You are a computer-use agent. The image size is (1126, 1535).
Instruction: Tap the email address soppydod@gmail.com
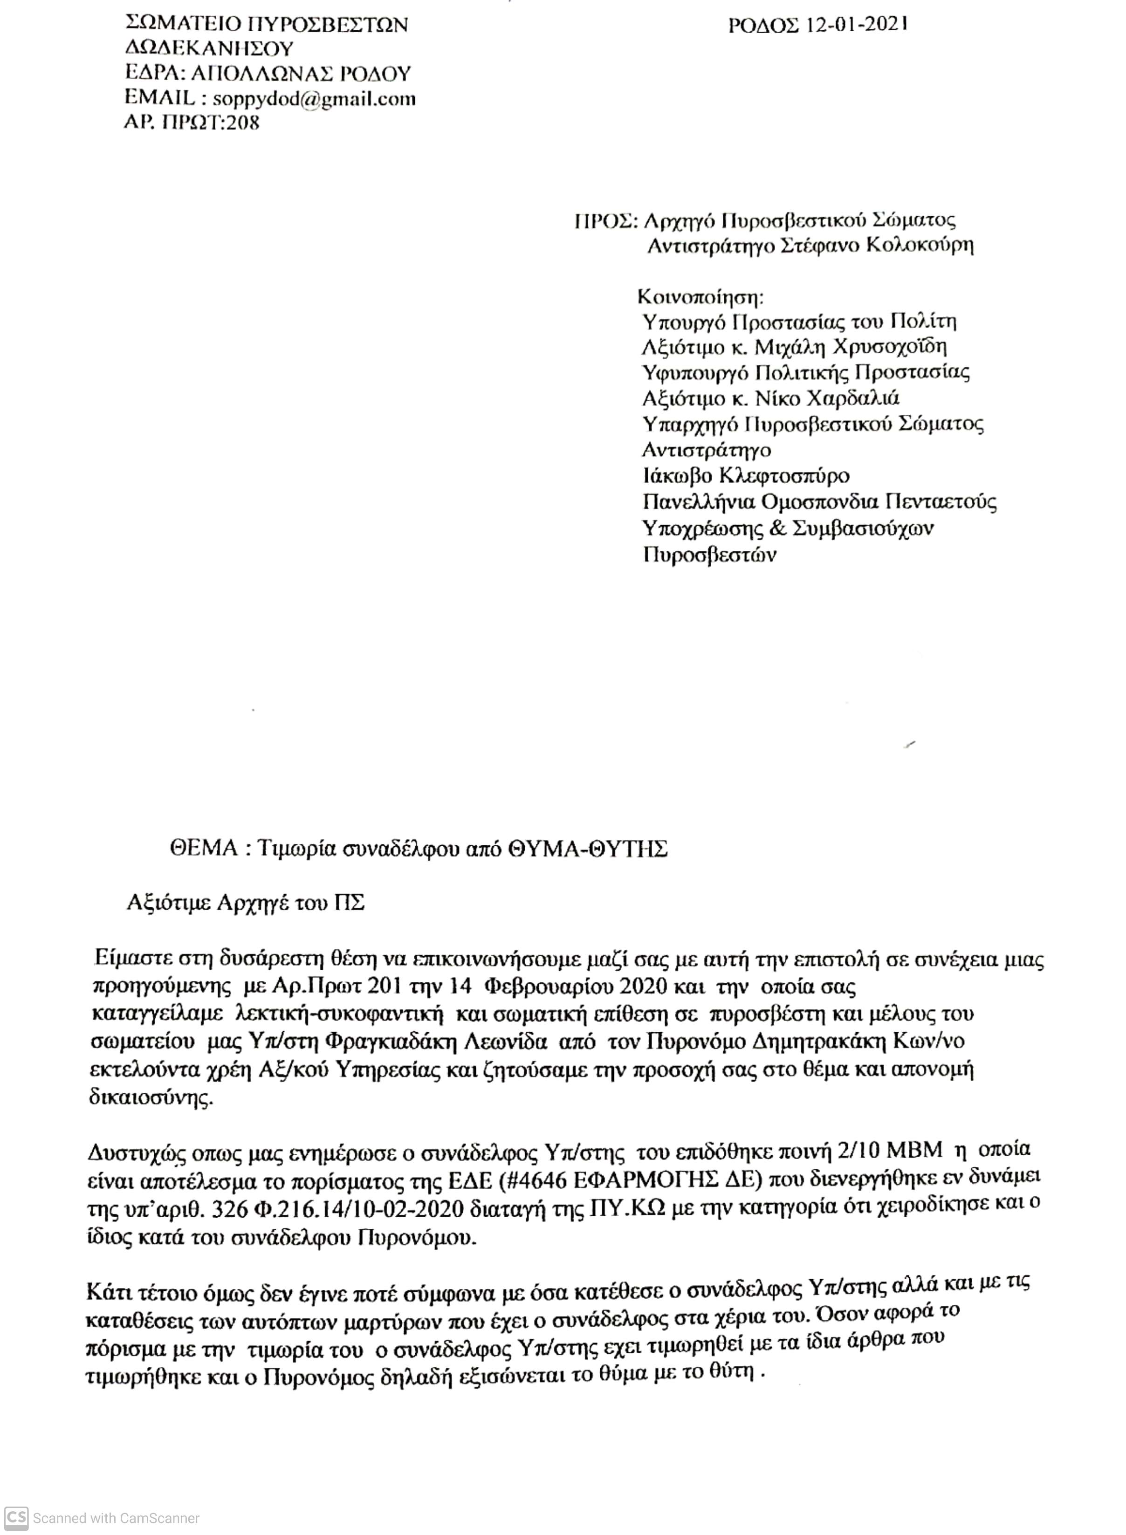point(314,99)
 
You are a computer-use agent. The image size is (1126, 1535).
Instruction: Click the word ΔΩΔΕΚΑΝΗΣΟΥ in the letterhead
point(209,49)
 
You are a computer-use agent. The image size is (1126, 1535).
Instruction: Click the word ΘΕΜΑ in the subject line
point(204,850)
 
